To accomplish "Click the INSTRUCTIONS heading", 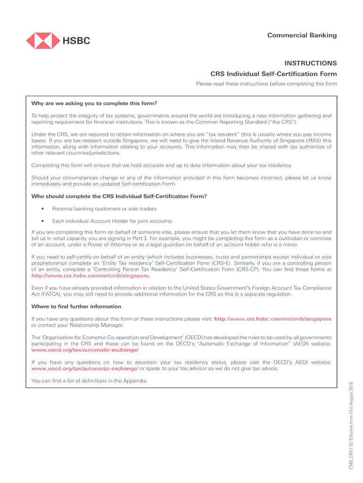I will click(x=310, y=63).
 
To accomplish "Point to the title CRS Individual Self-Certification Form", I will click(x=273, y=74).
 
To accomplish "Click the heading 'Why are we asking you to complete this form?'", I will click(x=94, y=103).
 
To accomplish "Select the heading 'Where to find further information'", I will click(x=76, y=307).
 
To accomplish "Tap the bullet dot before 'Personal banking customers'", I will click(x=43, y=208).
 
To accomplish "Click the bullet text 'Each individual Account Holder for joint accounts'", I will click(x=112, y=221).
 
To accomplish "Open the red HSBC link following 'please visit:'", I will click(x=272, y=319).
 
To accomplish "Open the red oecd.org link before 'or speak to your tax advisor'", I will click(x=85, y=368).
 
